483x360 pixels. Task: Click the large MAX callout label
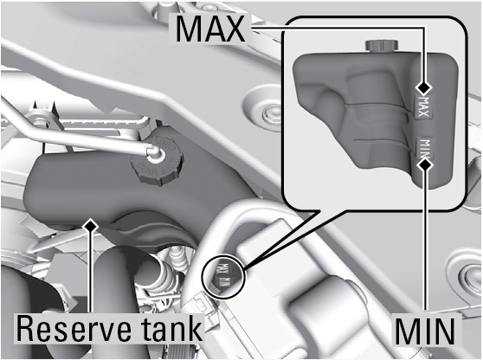point(210,29)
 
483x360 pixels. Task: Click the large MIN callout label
point(425,331)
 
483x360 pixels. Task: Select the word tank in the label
point(171,328)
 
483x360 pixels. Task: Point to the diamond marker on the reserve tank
point(90,227)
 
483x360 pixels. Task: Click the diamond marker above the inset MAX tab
point(424,87)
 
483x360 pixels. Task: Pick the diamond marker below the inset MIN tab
point(425,165)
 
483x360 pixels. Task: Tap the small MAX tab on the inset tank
point(424,106)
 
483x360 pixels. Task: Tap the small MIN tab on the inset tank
point(425,147)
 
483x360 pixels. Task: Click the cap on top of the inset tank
point(382,45)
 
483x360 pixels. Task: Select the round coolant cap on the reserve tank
point(157,160)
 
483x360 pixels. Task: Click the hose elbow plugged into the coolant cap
point(153,151)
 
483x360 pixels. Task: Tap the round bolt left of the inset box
point(265,111)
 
